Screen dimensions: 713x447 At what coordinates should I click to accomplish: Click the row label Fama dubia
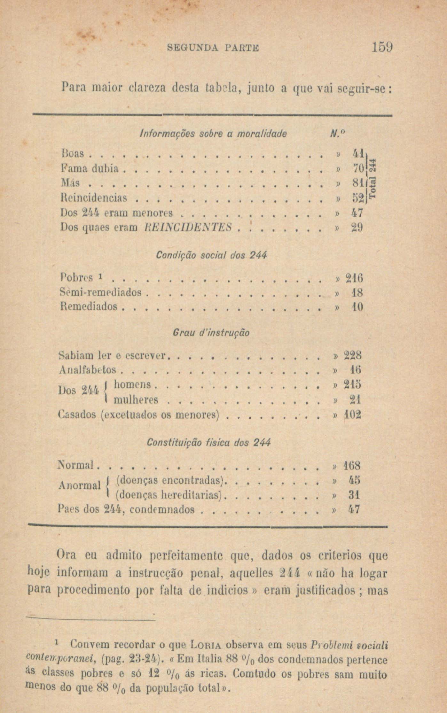(90, 169)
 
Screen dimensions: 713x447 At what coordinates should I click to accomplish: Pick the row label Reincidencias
(94, 198)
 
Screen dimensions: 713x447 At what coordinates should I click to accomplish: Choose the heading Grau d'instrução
(211, 333)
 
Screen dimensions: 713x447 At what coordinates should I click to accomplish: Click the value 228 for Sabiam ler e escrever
(352, 355)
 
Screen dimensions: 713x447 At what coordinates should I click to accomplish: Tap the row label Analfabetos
(88, 370)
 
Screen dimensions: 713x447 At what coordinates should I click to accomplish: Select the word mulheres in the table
(136, 400)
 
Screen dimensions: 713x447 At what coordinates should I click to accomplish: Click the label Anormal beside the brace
(80, 486)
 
